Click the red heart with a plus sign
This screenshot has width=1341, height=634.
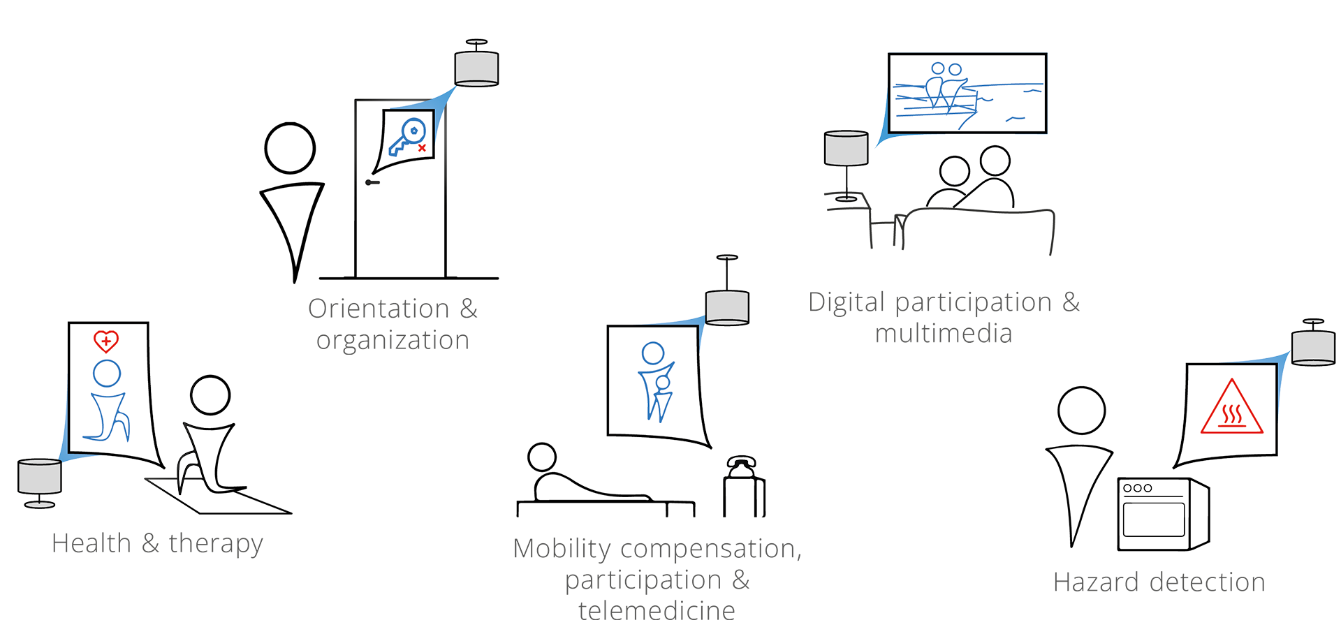[106, 341]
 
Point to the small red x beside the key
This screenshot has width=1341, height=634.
[422, 148]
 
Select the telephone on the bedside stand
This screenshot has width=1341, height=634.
[741, 466]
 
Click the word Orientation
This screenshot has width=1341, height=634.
[379, 309]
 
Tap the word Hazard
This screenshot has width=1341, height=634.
[1096, 582]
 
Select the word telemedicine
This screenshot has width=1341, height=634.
[657, 611]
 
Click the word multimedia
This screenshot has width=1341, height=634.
[944, 334]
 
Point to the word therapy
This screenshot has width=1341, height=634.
[216, 543]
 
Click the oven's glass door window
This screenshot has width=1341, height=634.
[1153, 519]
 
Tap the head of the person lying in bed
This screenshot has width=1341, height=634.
[542, 457]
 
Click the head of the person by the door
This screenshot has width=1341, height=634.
[290, 148]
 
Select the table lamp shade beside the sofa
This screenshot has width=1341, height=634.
[846, 148]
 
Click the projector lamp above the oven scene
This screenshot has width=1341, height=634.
[1313, 347]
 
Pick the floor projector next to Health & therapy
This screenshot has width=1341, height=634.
[40, 476]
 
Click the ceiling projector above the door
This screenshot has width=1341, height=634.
[476, 68]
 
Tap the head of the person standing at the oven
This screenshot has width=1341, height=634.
[1081, 410]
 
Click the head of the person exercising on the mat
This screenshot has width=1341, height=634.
[210, 395]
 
